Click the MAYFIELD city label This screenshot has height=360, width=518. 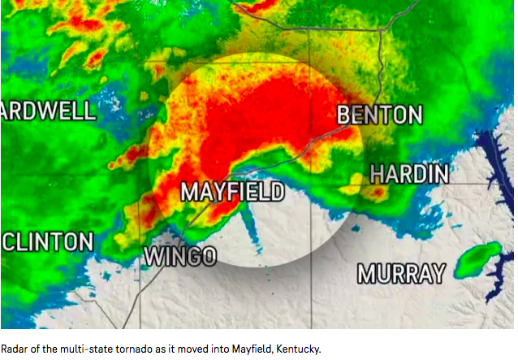click(x=232, y=193)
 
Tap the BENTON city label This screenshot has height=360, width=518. click(x=379, y=115)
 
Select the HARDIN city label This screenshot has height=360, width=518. click(x=409, y=174)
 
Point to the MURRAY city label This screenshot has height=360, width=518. click(x=401, y=273)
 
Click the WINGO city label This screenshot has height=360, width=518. click(x=180, y=257)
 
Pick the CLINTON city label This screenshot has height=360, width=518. click(x=47, y=242)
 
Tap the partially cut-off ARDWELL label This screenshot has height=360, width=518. click(x=49, y=111)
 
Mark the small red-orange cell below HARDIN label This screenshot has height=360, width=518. click(x=376, y=193)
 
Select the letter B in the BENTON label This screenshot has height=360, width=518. click(x=344, y=115)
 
